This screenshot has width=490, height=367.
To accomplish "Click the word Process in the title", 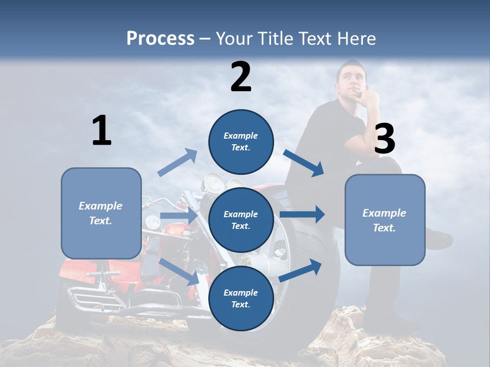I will [x=160, y=38].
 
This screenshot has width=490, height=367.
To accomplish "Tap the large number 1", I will [x=102, y=130].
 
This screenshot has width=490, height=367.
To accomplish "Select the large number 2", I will [x=241, y=76].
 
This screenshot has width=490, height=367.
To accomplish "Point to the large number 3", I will [x=384, y=139].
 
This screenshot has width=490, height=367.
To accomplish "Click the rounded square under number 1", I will [x=101, y=213].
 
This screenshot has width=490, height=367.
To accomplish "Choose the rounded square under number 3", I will [x=385, y=220].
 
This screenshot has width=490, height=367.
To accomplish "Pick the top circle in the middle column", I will [x=241, y=142].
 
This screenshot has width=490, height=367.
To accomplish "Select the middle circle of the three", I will [x=241, y=220].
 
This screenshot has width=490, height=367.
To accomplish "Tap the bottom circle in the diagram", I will [x=241, y=298].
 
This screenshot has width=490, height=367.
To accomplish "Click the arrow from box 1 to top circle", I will [x=178, y=163].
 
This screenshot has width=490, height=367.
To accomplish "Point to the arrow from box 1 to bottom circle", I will [x=180, y=272].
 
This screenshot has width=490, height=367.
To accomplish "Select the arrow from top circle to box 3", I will [x=304, y=163].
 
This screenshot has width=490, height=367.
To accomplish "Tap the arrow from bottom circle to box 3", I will [x=301, y=270].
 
